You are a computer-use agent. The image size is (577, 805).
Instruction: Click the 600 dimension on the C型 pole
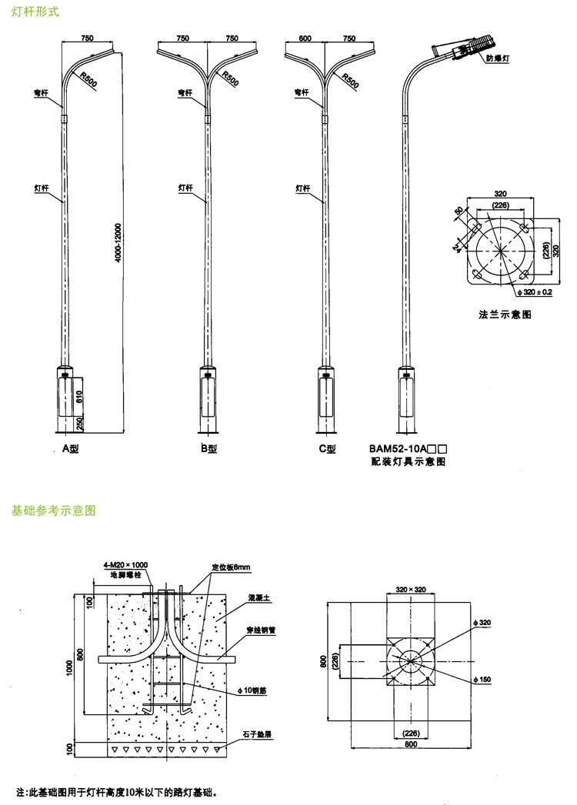[305, 38]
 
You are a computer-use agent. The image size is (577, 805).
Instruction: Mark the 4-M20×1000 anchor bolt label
[125, 565]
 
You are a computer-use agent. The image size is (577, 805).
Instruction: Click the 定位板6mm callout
[232, 567]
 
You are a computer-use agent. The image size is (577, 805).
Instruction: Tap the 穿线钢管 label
[262, 628]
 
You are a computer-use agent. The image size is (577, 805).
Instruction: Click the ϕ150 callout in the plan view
[482, 680]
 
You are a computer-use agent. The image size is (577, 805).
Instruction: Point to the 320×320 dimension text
[411, 590]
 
